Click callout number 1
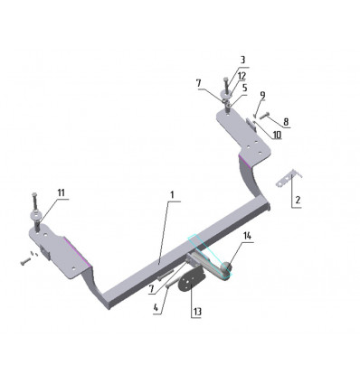pos(172,195)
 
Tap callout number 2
pos(298,200)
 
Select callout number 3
pos(242,60)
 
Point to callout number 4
pos(156,307)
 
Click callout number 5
pos(244,88)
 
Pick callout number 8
pos(286,122)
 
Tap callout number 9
pos(262,95)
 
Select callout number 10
pos(277,135)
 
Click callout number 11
pos(62,192)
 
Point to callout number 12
pos(242,76)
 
